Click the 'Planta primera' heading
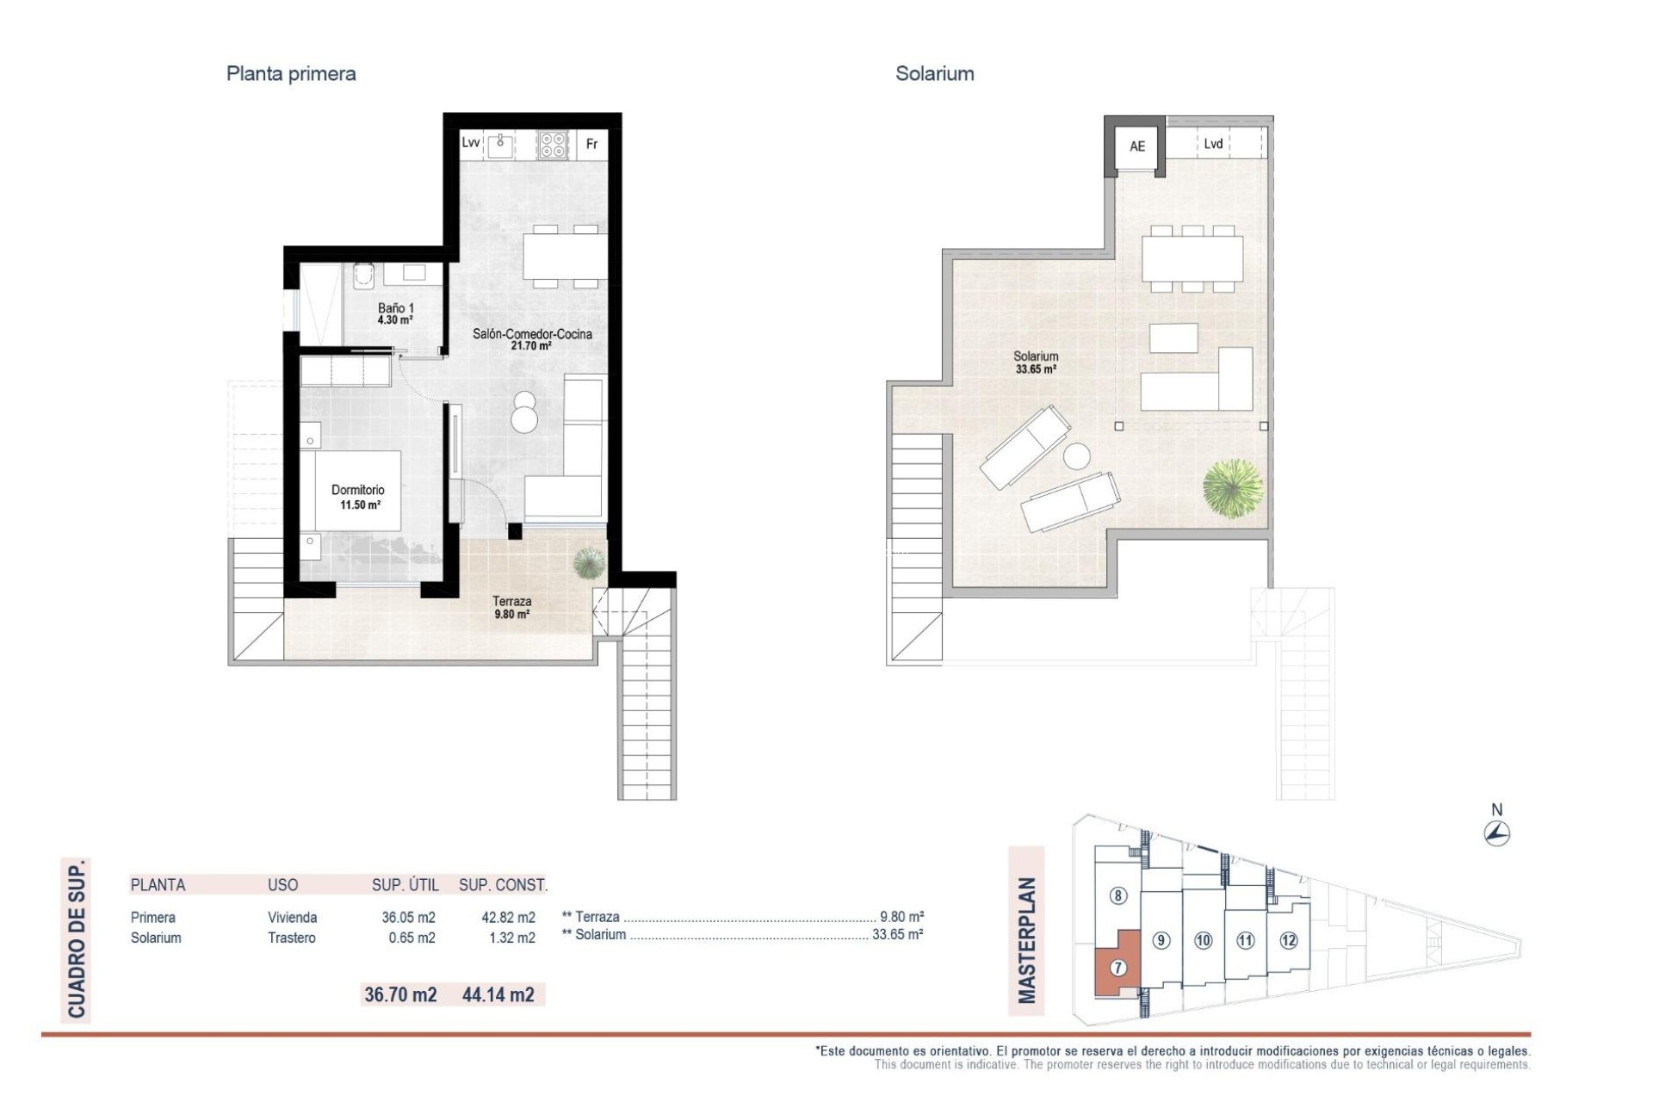point(291,74)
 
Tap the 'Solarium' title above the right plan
point(934,74)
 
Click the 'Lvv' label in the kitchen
point(470,143)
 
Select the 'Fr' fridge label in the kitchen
point(591,144)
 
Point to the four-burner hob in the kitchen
point(553,145)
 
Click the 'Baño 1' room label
point(396,308)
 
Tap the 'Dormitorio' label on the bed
point(358,490)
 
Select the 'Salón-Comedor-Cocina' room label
point(532,334)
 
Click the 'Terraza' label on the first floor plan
point(511,601)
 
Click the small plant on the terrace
point(589,563)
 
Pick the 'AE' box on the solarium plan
point(1137,146)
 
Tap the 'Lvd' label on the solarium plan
point(1213,144)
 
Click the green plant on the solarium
point(1233,488)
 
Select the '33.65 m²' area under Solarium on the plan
point(1036,369)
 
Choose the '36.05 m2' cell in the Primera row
point(408,918)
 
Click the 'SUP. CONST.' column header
point(503,885)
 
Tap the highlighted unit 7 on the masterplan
point(1117,968)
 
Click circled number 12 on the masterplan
point(1288,940)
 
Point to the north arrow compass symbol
point(1497,833)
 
